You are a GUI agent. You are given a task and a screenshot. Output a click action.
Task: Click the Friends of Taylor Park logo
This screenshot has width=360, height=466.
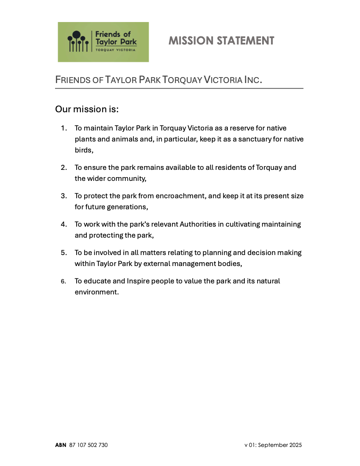[x=103, y=42]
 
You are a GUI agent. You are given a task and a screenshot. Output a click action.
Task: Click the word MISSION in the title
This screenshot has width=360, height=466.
[x=191, y=41]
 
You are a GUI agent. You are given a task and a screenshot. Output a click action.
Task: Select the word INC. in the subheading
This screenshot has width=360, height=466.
[x=253, y=80]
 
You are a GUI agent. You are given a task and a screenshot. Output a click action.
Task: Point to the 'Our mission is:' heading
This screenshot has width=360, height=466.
[x=87, y=109]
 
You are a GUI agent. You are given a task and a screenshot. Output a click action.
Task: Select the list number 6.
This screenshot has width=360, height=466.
[x=64, y=281]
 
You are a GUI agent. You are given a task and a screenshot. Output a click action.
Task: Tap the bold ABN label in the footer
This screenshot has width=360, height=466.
[x=61, y=445]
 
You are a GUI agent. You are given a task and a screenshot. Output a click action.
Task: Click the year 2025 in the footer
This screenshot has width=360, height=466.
[x=295, y=445]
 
